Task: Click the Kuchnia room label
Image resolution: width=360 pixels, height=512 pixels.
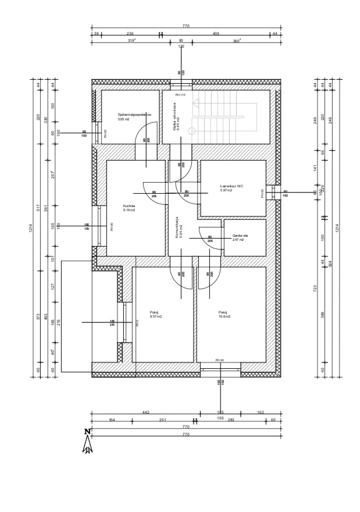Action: pos(129,206)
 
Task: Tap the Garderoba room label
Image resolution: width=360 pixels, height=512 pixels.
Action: pos(240,236)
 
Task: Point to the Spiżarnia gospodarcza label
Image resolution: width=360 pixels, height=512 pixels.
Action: pos(134,115)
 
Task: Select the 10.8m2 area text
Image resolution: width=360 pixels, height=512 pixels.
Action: pos(224,317)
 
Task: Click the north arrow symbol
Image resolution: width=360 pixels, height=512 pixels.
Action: pos(88,442)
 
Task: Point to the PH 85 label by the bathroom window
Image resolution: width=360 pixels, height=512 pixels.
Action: pos(263,193)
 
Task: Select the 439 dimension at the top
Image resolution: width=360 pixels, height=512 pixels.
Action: pos(216,34)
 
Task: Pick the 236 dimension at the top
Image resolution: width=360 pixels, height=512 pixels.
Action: pos(130,34)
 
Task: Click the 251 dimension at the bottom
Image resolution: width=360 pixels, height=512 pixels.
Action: pos(163,419)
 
